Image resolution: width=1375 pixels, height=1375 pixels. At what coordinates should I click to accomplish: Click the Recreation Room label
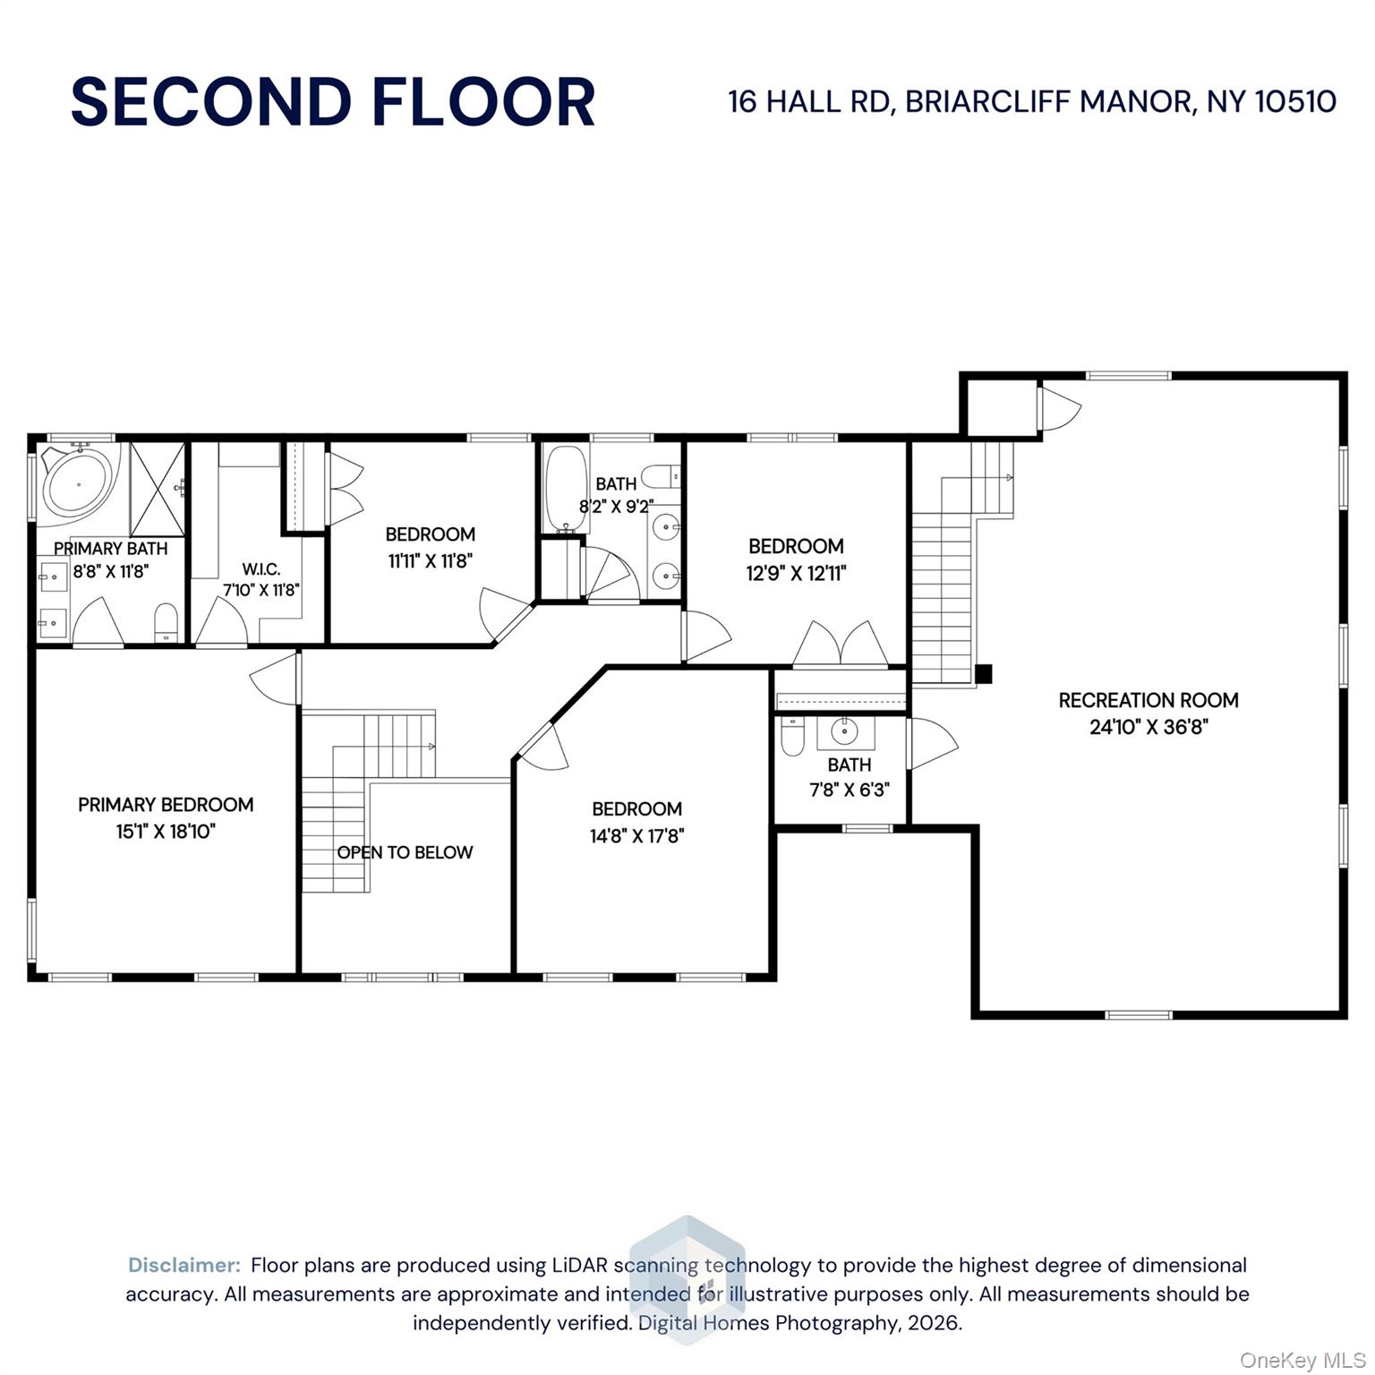point(1148,700)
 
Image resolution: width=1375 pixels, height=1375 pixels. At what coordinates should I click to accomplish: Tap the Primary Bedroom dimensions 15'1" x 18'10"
point(166,832)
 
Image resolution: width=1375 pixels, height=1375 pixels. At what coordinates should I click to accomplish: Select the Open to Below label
point(405,852)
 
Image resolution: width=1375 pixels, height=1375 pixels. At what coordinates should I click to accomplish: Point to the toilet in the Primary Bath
point(167,623)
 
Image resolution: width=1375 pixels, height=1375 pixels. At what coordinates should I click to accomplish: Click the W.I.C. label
point(260,569)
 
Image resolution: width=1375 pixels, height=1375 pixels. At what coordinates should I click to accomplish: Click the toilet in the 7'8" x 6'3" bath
point(792,735)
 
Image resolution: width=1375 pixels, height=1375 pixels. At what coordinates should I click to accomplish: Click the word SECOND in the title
point(210,102)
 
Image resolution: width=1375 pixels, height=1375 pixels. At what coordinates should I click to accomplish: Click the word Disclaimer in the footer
point(184,1265)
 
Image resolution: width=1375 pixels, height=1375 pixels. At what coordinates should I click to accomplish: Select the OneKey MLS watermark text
point(1302,1360)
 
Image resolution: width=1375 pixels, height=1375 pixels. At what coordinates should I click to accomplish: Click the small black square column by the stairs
point(983,674)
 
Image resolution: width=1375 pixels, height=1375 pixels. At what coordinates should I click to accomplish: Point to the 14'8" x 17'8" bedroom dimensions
point(636,836)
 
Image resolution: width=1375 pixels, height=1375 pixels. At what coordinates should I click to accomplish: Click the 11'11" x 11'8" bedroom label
point(430,534)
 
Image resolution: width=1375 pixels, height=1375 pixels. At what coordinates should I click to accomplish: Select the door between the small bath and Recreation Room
point(930,743)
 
